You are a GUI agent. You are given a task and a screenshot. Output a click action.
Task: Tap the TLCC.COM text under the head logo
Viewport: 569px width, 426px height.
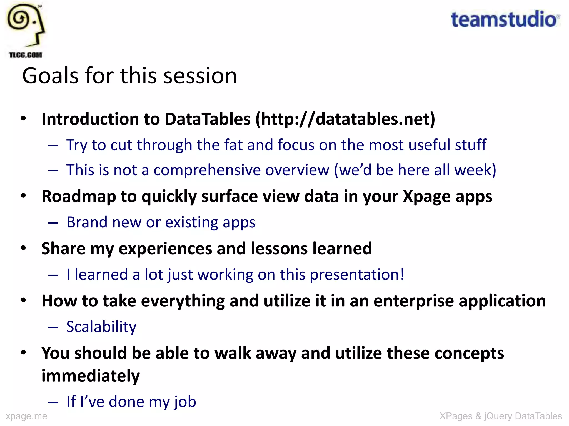(x=26, y=55)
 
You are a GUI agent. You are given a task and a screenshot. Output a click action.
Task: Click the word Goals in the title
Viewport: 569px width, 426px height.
(x=50, y=76)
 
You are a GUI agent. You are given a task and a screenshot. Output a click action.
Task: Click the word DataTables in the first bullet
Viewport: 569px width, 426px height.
(x=208, y=119)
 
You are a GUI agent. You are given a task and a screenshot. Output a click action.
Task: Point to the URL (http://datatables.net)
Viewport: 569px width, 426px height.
(x=345, y=119)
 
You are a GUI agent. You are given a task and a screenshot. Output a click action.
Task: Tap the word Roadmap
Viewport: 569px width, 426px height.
(x=79, y=196)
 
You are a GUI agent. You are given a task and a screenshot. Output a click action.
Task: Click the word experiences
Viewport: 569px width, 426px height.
(x=165, y=248)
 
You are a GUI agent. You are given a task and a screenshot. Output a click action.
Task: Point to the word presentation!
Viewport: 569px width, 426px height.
(x=357, y=275)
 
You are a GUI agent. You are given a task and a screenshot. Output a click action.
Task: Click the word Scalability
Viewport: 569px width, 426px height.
(x=101, y=327)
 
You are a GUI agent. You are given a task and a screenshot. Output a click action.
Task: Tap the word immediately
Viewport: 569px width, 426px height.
(x=91, y=376)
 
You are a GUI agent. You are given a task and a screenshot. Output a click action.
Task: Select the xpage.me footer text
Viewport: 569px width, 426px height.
(x=26, y=416)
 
